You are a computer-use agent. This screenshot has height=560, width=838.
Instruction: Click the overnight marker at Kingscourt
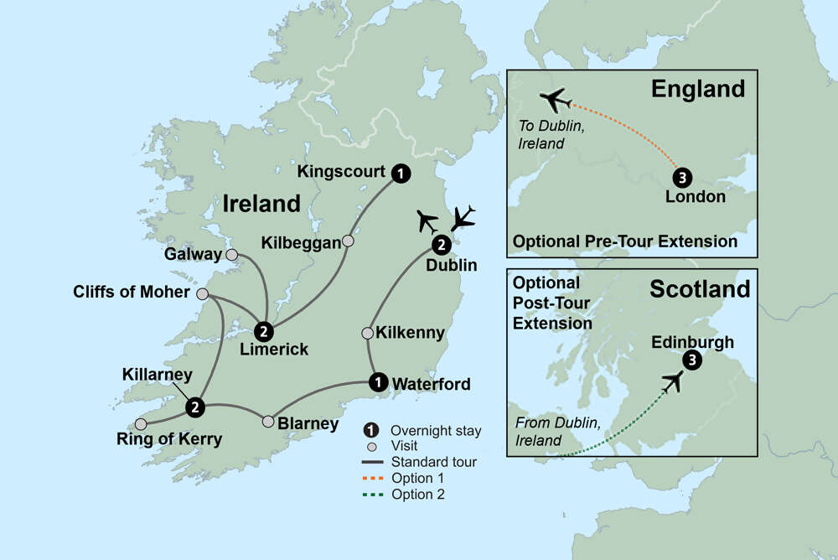click(x=402, y=173)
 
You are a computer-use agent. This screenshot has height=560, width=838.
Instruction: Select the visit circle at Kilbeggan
click(x=349, y=241)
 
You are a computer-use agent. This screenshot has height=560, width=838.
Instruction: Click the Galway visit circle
click(x=232, y=254)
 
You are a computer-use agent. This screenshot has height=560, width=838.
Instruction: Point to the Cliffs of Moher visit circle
click(x=202, y=294)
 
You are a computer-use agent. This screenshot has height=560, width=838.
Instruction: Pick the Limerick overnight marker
click(x=264, y=331)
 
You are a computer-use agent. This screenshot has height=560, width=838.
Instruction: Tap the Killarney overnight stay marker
click(x=195, y=407)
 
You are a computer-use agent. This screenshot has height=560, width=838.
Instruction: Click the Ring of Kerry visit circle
click(x=141, y=423)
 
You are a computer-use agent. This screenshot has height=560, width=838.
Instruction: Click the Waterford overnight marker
click(x=379, y=382)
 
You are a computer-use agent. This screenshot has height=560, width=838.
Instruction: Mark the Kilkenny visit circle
click(x=367, y=334)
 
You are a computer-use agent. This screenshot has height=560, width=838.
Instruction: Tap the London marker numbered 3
click(x=683, y=178)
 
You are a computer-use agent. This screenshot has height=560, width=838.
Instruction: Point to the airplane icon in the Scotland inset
click(x=672, y=382)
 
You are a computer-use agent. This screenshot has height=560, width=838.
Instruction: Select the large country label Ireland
click(x=261, y=203)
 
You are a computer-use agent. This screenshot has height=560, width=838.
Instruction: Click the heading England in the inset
click(x=697, y=89)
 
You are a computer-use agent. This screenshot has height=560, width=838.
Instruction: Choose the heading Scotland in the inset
click(x=700, y=290)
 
